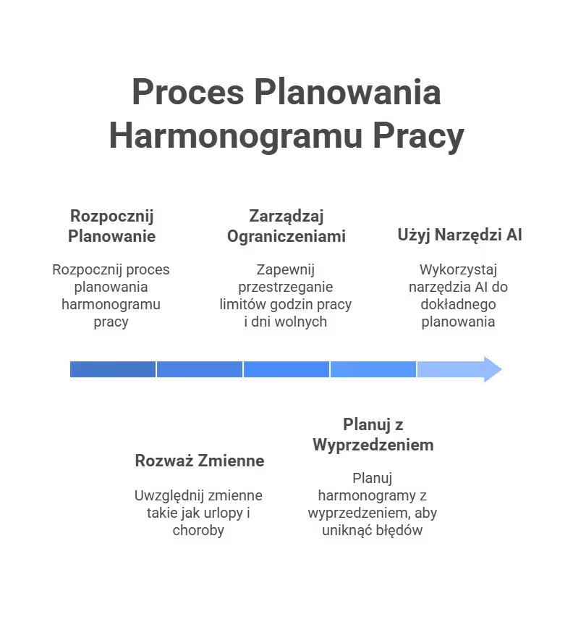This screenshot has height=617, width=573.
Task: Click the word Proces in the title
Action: [x=187, y=93]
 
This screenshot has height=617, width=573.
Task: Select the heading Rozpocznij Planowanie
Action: [x=111, y=226]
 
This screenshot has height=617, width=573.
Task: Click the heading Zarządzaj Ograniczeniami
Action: [x=286, y=226]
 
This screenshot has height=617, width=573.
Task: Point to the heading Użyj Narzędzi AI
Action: [x=459, y=235]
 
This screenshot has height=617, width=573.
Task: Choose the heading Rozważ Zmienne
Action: [x=199, y=461]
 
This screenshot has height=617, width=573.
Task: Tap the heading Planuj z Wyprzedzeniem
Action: [x=373, y=435]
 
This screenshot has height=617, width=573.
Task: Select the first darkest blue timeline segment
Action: [x=113, y=369]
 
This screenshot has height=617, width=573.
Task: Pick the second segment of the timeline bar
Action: [x=200, y=369]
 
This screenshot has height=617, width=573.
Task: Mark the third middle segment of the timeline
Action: [x=286, y=369]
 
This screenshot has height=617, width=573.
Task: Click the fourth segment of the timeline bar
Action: [x=373, y=369]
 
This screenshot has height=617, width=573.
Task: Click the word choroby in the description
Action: [x=198, y=530]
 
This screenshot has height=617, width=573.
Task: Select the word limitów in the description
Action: [x=240, y=304]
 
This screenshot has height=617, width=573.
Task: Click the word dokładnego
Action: [x=459, y=304]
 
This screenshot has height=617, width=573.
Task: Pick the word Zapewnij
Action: [x=286, y=269]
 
